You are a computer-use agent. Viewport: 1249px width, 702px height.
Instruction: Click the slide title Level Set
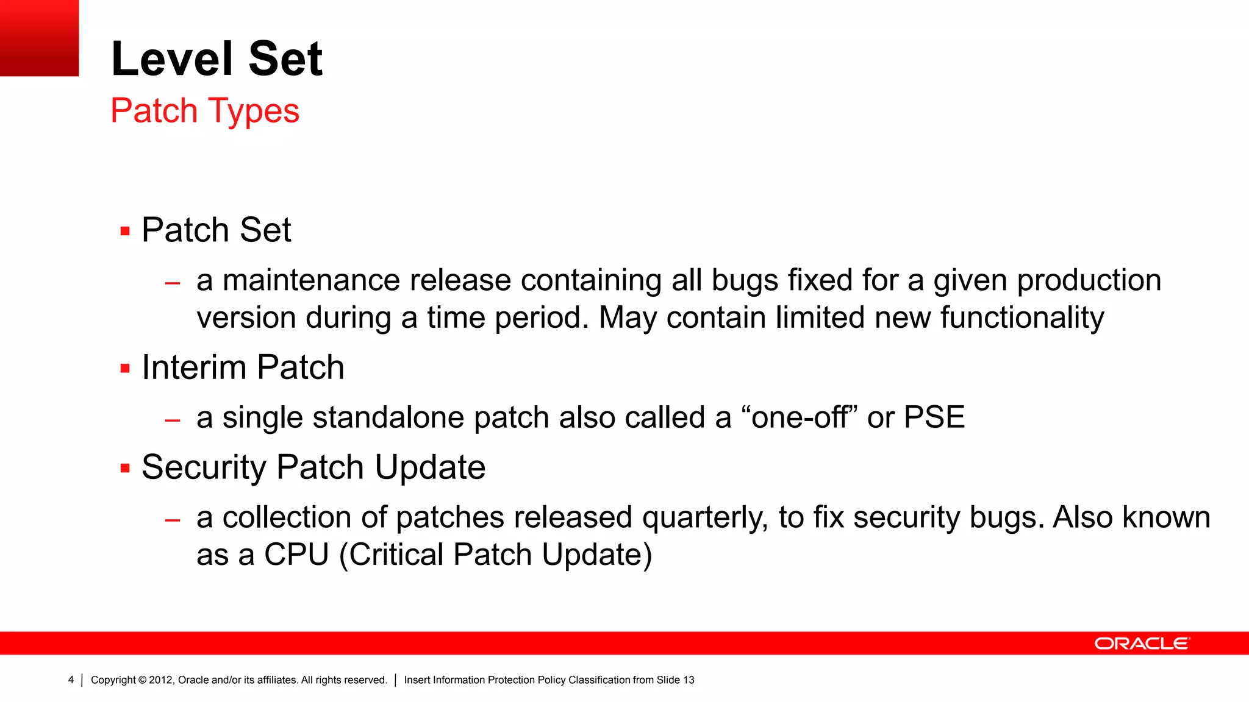coord(217,58)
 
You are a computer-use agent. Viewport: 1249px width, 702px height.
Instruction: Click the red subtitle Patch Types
coord(205,111)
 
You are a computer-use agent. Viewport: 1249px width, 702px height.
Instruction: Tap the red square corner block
coord(39,38)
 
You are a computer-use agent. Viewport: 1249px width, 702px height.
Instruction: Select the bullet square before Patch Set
coord(125,232)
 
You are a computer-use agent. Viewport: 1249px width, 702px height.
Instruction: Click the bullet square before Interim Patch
coord(125,369)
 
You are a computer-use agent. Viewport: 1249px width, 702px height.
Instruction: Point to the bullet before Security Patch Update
coord(125,469)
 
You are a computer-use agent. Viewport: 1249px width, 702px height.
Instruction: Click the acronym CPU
coord(296,555)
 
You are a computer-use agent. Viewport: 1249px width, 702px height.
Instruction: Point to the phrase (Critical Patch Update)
coord(495,555)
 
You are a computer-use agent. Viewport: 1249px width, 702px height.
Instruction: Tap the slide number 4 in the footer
coord(71,680)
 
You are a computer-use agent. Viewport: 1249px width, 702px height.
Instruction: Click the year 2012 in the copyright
coord(160,680)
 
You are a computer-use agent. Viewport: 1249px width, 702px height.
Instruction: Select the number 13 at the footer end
coord(689,680)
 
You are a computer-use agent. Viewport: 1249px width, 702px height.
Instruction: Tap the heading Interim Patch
coord(243,367)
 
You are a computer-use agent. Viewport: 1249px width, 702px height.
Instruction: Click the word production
coord(1089,280)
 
